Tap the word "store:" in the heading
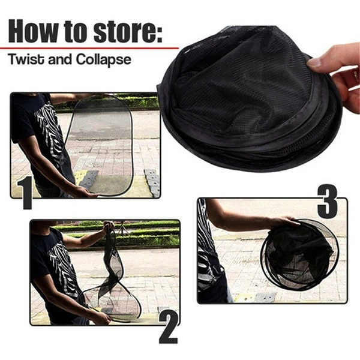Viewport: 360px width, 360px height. pos(128,31)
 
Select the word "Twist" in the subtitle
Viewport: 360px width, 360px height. pos(26,59)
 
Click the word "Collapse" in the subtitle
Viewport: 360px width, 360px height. pos(103,60)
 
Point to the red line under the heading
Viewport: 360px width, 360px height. pos(89,48)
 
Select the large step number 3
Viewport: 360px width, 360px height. pos(328,202)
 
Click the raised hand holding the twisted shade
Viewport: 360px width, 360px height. pos(109,226)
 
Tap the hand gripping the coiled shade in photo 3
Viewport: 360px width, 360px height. pos(284,222)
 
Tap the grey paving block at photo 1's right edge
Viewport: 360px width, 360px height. pos(152,182)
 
